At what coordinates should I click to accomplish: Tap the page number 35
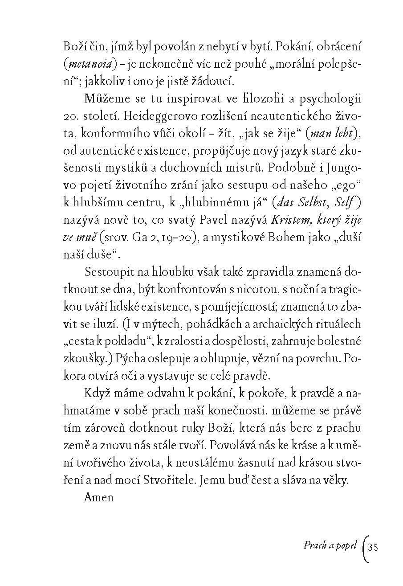(x=374, y=546)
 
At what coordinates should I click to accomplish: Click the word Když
(x=97, y=393)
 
